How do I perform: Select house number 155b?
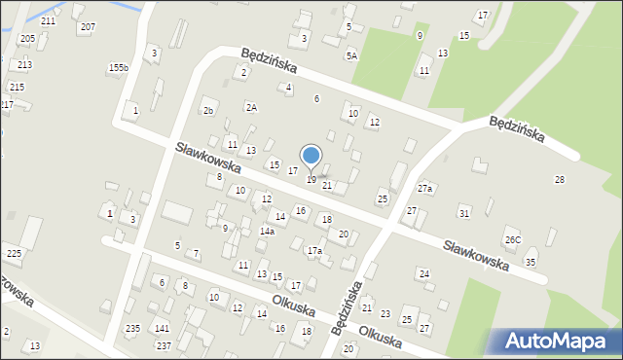(x=118, y=67)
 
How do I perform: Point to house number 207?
(x=88, y=26)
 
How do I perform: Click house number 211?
(x=48, y=20)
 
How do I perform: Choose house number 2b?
(x=207, y=111)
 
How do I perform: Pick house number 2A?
(x=251, y=107)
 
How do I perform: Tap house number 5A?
(x=350, y=56)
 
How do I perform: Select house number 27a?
(x=424, y=188)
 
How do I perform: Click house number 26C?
(x=512, y=239)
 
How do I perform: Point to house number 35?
(x=531, y=263)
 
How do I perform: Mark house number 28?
(x=559, y=179)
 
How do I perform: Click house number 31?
(x=464, y=212)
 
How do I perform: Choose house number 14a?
(x=267, y=232)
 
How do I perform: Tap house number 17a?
(x=314, y=251)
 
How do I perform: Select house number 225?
(x=14, y=254)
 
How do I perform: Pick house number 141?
(x=162, y=329)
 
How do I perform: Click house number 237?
(x=164, y=346)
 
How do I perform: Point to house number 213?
(x=24, y=64)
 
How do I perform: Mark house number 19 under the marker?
(x=311, y=180)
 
